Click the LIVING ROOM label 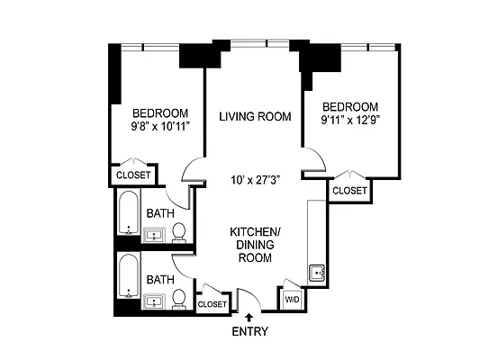click(x=256, y=116)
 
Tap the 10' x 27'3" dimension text click(x=256, y=179)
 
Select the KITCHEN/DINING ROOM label click(x=255, y=245)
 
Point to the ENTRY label click(x=249, y=331)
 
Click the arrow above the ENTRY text click(x=249, y=316)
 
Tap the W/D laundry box click(x=293, y=299)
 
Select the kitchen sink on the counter click(x=316, y=273)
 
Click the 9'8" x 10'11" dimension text click(x=159, y=127)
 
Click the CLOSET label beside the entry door click(x=213, y=304)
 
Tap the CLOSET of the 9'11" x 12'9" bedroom click(x=349, y=191)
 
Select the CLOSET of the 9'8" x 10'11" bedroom click(x=134, y=175)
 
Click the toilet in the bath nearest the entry click(x=180, y=298)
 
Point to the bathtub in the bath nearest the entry click(x=128, y=281)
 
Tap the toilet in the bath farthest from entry click(x=179, y=232)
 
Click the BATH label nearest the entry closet click(x=160, y=280)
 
